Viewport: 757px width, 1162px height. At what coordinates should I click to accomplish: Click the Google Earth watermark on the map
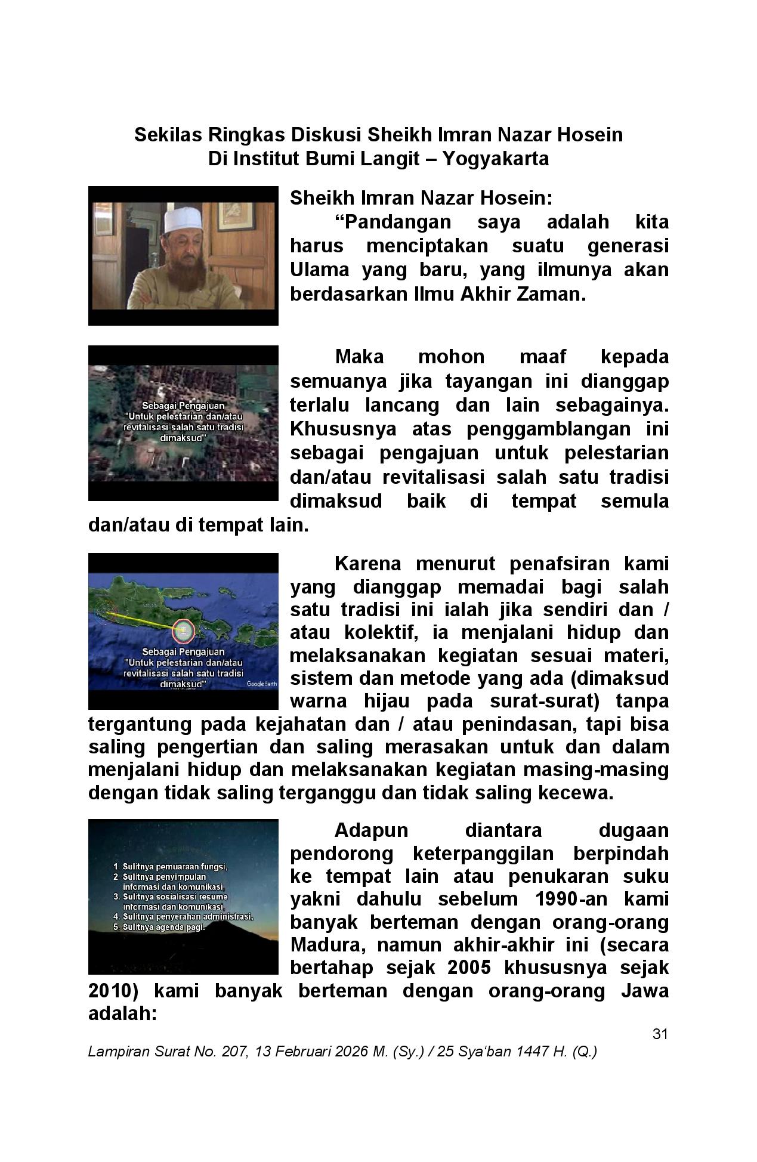coord(261,684)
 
